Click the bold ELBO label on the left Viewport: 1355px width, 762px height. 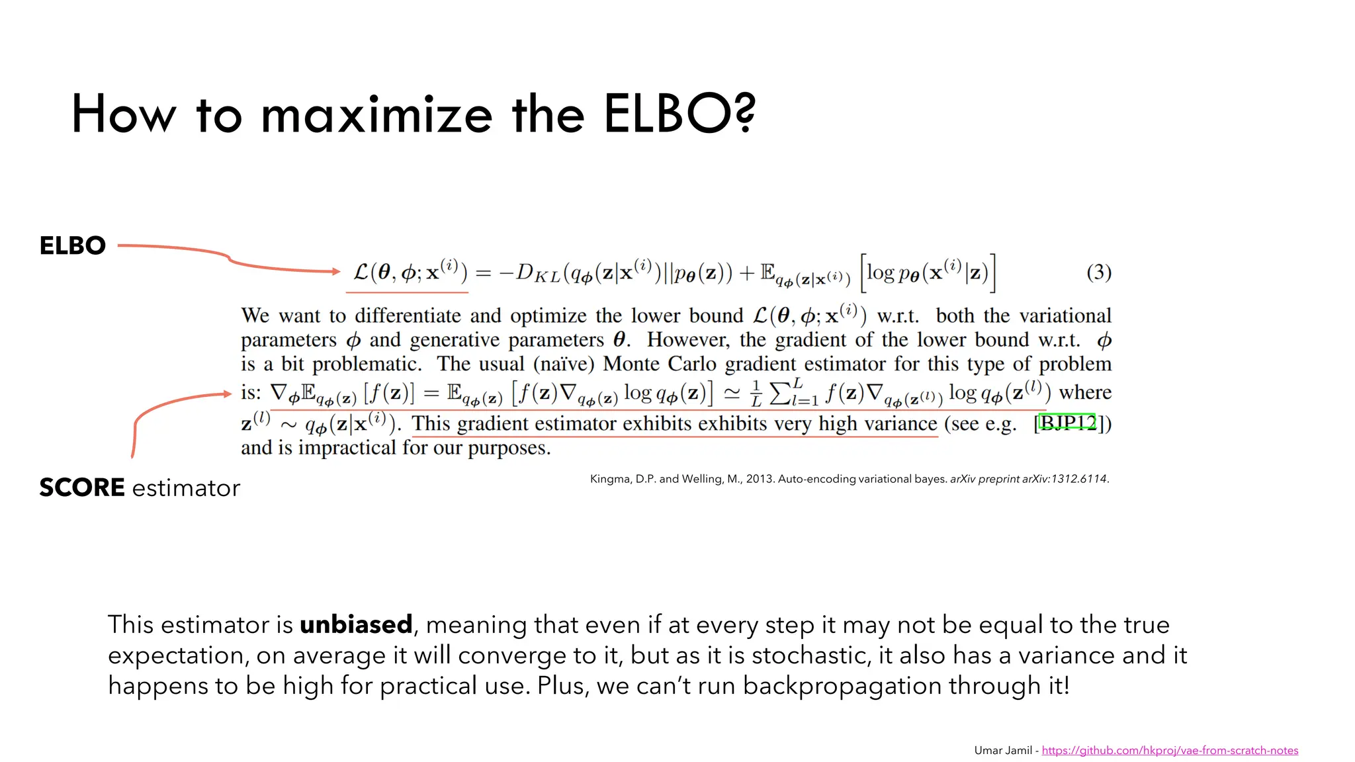[x=73, y=245]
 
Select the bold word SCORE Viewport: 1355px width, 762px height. [x=82, y=487]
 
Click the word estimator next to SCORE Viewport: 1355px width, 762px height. [x=186, y=488]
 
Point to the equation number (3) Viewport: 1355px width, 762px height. [x=1098, y=272]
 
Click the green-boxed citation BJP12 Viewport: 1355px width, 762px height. [x=1067, y=423]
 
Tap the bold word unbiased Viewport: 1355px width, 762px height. [x=356, y=624]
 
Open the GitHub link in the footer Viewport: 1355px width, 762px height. [x=1170, y=750]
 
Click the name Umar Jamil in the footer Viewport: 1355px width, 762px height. [x=1002, y=750]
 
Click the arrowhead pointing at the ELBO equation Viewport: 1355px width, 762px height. [x=336, y=271]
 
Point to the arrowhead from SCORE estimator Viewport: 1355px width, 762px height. [x=227, y=394]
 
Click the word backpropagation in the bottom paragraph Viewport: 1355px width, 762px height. [x=842, y=686]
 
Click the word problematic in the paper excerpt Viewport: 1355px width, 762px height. [x=367, y=364]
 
